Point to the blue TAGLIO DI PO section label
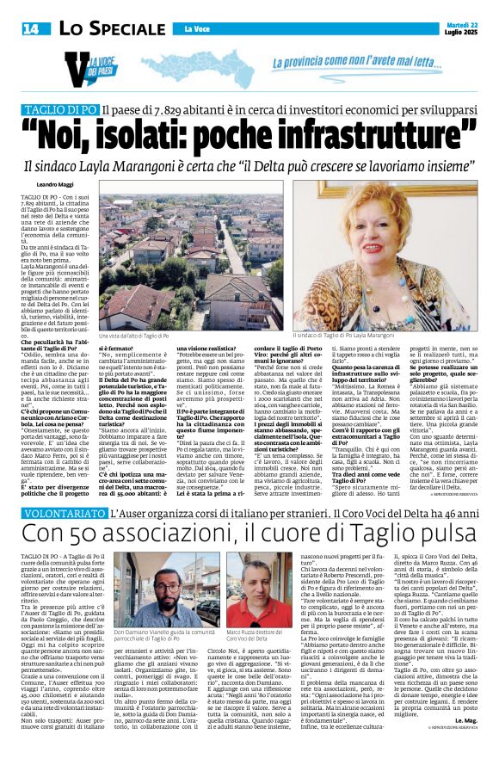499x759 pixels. click(x=84, y=111)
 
